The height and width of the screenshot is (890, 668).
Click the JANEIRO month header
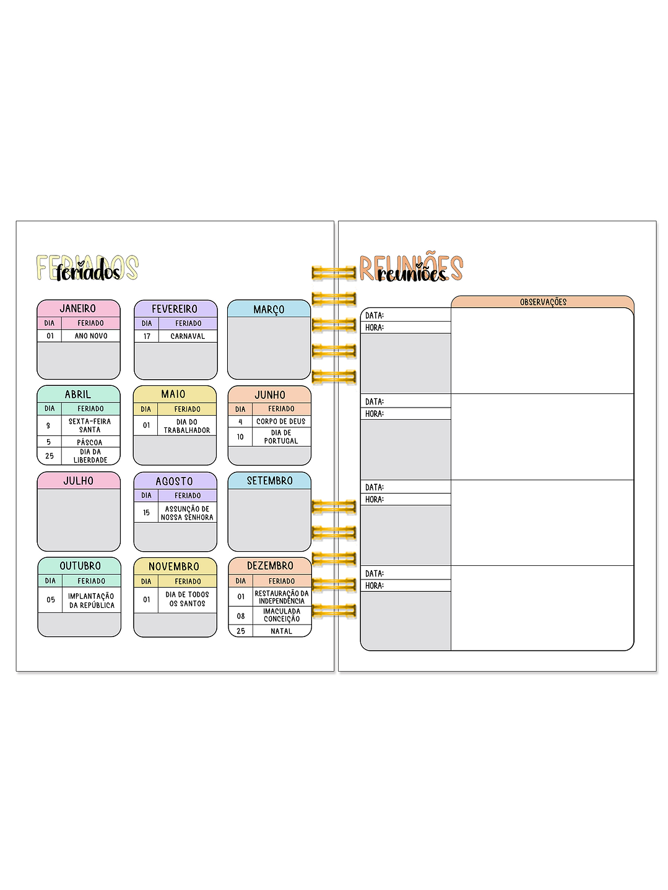coord(78,308)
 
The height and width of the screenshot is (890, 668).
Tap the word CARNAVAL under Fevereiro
coord(188,336)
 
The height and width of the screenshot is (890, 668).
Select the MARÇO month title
coord(269,309)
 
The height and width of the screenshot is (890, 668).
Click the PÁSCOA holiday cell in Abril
coord(90,442)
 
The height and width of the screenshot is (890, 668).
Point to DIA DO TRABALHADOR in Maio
coord(187,426)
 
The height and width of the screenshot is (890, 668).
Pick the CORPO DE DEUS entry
coord(281,421)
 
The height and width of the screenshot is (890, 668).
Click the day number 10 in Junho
coord(240,437)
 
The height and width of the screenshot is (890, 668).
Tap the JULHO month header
coord(79,481)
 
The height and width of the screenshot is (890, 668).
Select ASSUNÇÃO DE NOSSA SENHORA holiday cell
coord(187,513)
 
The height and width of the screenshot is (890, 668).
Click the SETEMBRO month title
coord(269,481)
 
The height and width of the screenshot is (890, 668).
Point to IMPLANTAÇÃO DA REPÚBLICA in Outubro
coord(92,601)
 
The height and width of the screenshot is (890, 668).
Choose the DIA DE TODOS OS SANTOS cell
coord(187,599)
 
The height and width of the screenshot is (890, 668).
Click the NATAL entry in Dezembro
coord(281,631)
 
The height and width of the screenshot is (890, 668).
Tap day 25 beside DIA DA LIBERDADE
coord(50,456)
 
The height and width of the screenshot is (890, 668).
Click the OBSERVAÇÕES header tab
coord(543,302)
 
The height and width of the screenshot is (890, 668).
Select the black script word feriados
coord(88,272)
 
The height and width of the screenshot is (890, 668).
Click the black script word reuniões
coord(412,274)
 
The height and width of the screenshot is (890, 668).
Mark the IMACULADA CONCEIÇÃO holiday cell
coord(282,615)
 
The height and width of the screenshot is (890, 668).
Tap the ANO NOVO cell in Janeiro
coord(91,336)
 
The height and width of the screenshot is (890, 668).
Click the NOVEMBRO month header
coord(174,566)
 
